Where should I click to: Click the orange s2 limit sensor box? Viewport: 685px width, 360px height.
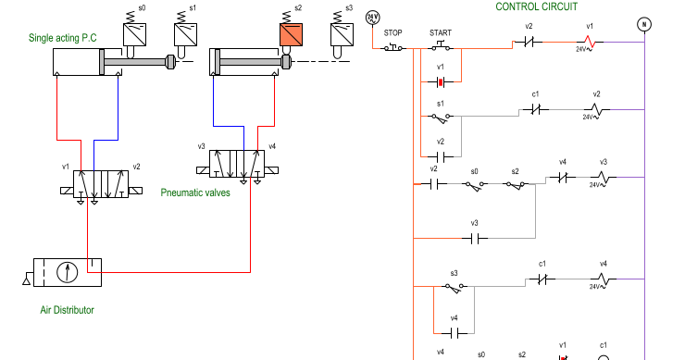click(x=292, y=35)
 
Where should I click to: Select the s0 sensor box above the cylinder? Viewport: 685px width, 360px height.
click(x=135, y=34)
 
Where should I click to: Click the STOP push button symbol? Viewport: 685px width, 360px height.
click(x=393, y=46)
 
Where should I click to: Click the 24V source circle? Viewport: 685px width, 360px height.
click(x=372, y=17)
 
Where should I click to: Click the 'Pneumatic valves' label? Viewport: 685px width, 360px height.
click(x=195, y=192)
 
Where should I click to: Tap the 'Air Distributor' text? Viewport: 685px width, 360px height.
click(x=66, y=310)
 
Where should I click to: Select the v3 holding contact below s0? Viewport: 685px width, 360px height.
click(x=475, y=238)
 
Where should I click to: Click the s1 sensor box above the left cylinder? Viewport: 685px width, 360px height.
click(x=188, y=34)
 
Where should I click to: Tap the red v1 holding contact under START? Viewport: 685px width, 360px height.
click(x=442, y=81)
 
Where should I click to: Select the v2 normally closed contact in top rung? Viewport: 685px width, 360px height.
click(x=529, y=43)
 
